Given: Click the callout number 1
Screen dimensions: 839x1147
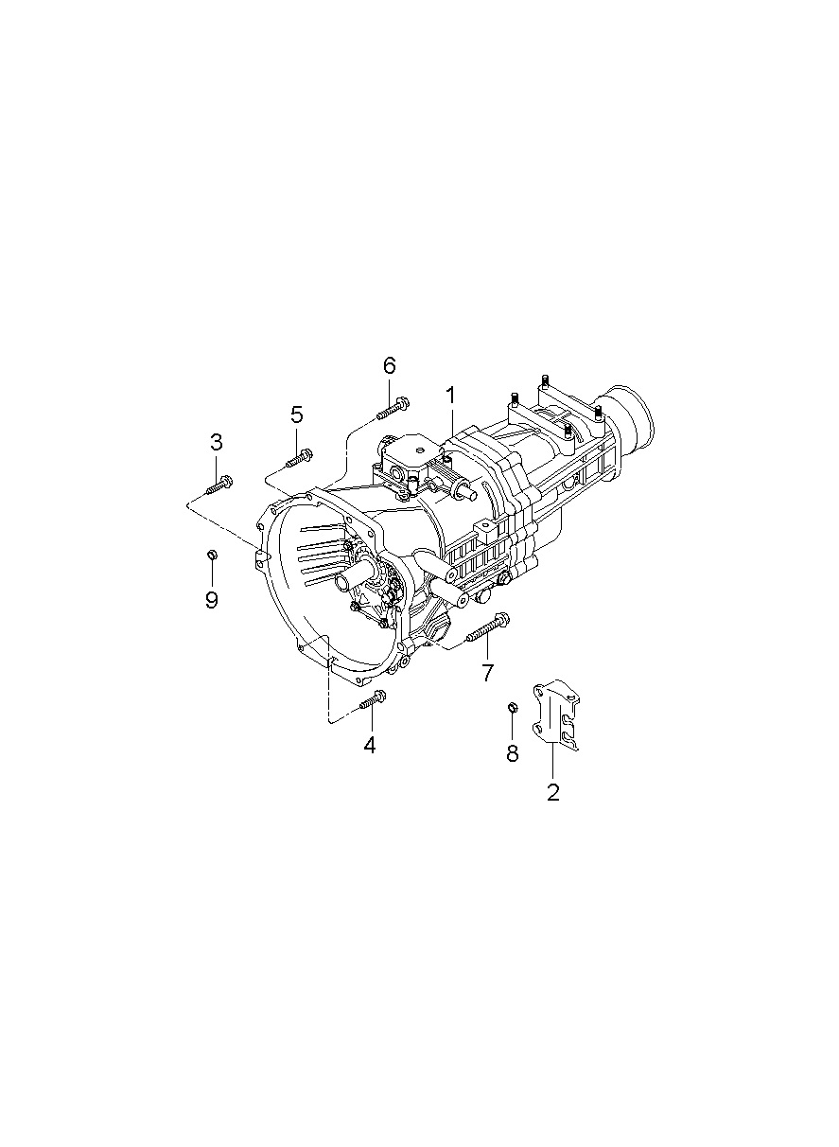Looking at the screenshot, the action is tap(450, 397).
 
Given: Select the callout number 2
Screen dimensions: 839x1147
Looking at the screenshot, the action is tap(552, 791).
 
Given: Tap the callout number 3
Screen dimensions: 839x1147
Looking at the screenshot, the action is tap(217, 441).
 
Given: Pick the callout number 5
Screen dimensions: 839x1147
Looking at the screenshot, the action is tap(297, 415).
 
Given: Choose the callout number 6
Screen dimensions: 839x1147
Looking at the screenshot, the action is tap(389, 365).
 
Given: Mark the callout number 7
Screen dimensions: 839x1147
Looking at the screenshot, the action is tap(487, 672).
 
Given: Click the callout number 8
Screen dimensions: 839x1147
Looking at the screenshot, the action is tap(512, 752).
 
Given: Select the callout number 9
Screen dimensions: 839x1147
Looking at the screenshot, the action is tap(212, 599).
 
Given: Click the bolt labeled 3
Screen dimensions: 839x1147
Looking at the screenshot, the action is tap(219, 485).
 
